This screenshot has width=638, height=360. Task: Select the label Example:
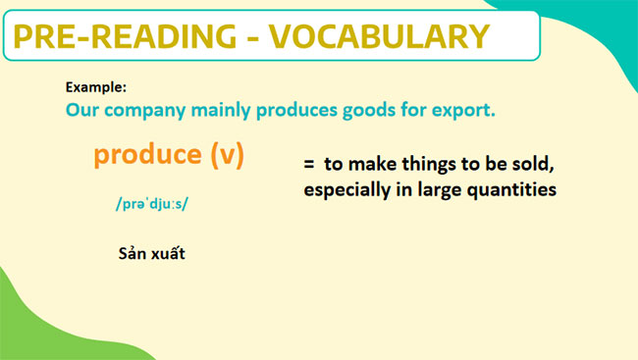pos(95,86)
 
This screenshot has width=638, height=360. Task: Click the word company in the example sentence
pos(147,110)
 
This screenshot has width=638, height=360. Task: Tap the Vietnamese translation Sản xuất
pos(151,253)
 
